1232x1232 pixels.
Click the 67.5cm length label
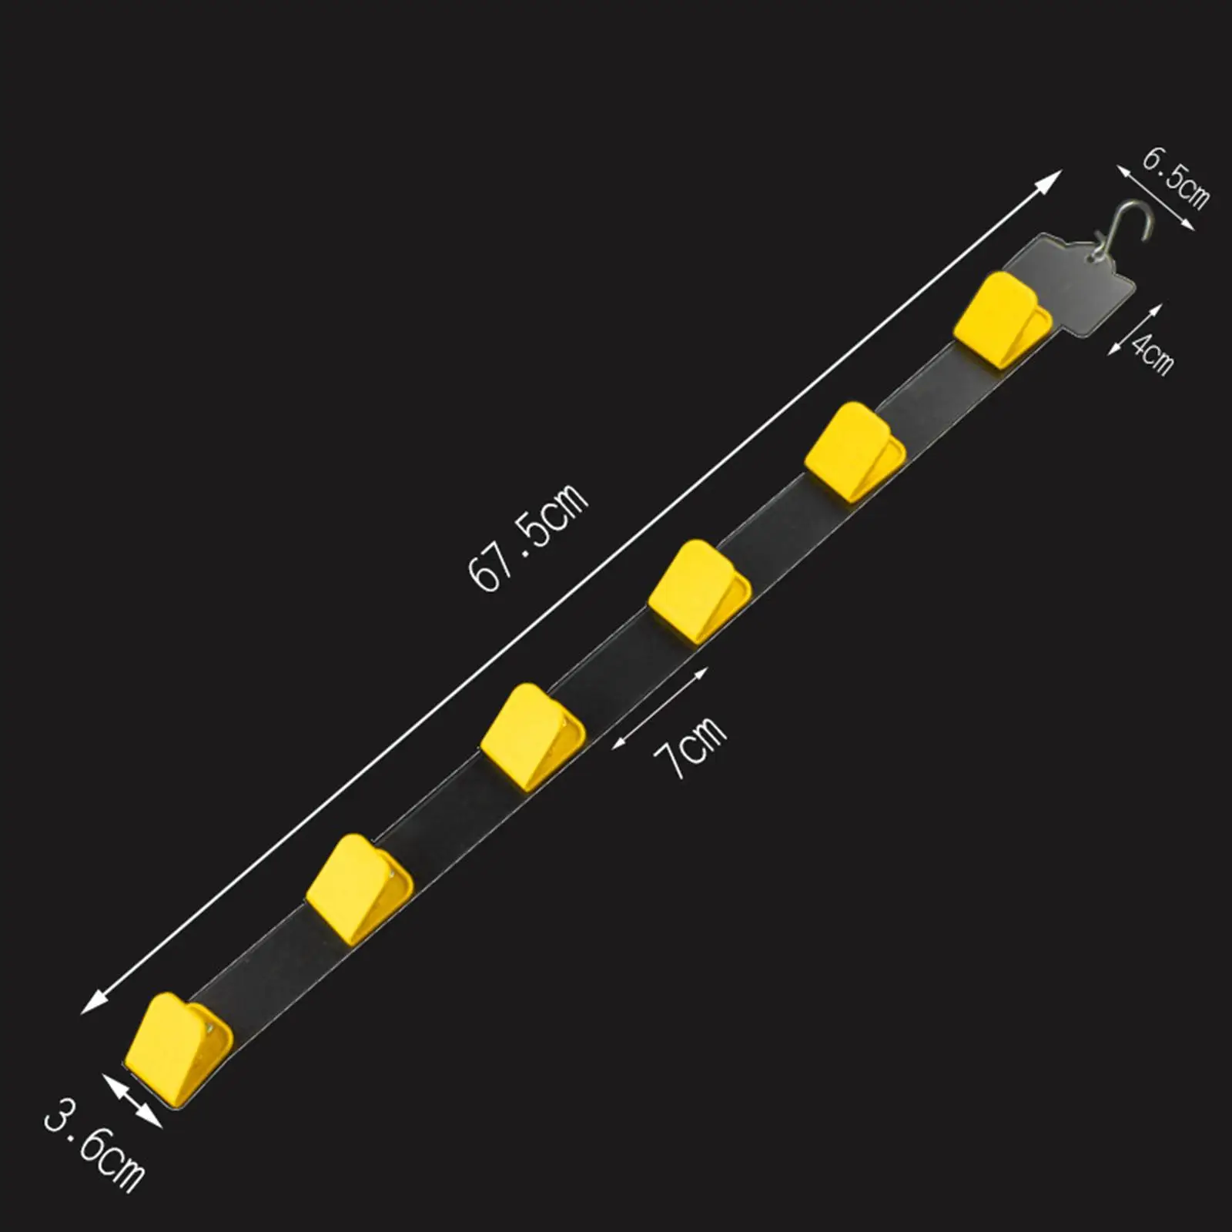tap(528, 537)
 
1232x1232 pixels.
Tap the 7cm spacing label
tap(690, 747)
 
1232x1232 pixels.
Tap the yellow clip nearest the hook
tap(1001, 316)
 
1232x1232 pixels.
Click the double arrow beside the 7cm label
tap(660, 708)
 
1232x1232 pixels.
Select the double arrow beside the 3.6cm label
tap(132, 1102)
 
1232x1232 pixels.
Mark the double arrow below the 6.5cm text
tap(1155, 199)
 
